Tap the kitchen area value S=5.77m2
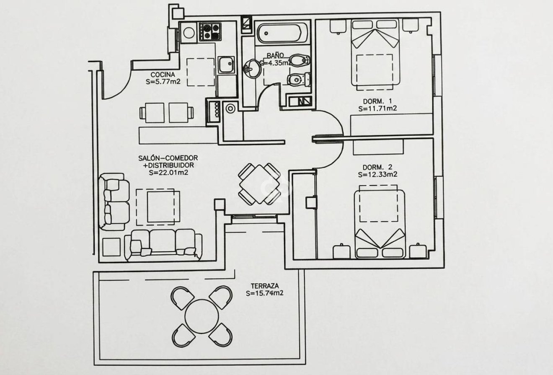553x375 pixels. pos(163,82)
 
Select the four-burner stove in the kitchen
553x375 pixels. pos(210,32)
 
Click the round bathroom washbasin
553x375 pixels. pos(252,68)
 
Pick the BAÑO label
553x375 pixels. pos(275,55)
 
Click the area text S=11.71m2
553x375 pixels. pos(377,109)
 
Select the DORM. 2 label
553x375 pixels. pos(377,167)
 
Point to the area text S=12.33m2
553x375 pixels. pos(377,174)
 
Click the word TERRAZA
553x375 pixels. pos(265,286)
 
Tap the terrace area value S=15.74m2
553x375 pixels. pos(264,293)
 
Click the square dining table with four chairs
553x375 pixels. pos(259,184)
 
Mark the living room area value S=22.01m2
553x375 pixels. pos(168,172)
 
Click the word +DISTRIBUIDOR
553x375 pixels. pos(168,165)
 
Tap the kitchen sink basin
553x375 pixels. pos(226,64)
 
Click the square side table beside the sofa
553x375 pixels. pos(111,247)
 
